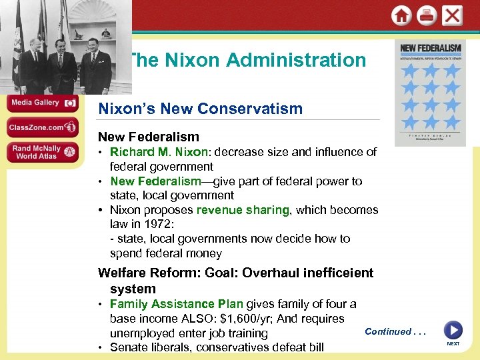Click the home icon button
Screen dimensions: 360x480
pos(401,15)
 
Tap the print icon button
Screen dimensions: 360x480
pos(427,15)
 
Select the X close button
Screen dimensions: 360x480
pos(452,15)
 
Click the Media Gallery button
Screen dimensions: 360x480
pos(42,103)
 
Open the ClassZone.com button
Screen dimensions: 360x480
pos(42,127)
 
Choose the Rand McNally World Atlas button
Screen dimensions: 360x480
pos(42,151)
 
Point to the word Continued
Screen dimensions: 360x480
pos(388,331)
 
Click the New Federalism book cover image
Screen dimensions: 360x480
pos(430,93)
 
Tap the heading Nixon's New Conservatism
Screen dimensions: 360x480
pos(200,109)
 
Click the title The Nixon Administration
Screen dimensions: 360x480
pos(247,60)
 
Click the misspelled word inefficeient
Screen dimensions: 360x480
pos(335,273)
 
